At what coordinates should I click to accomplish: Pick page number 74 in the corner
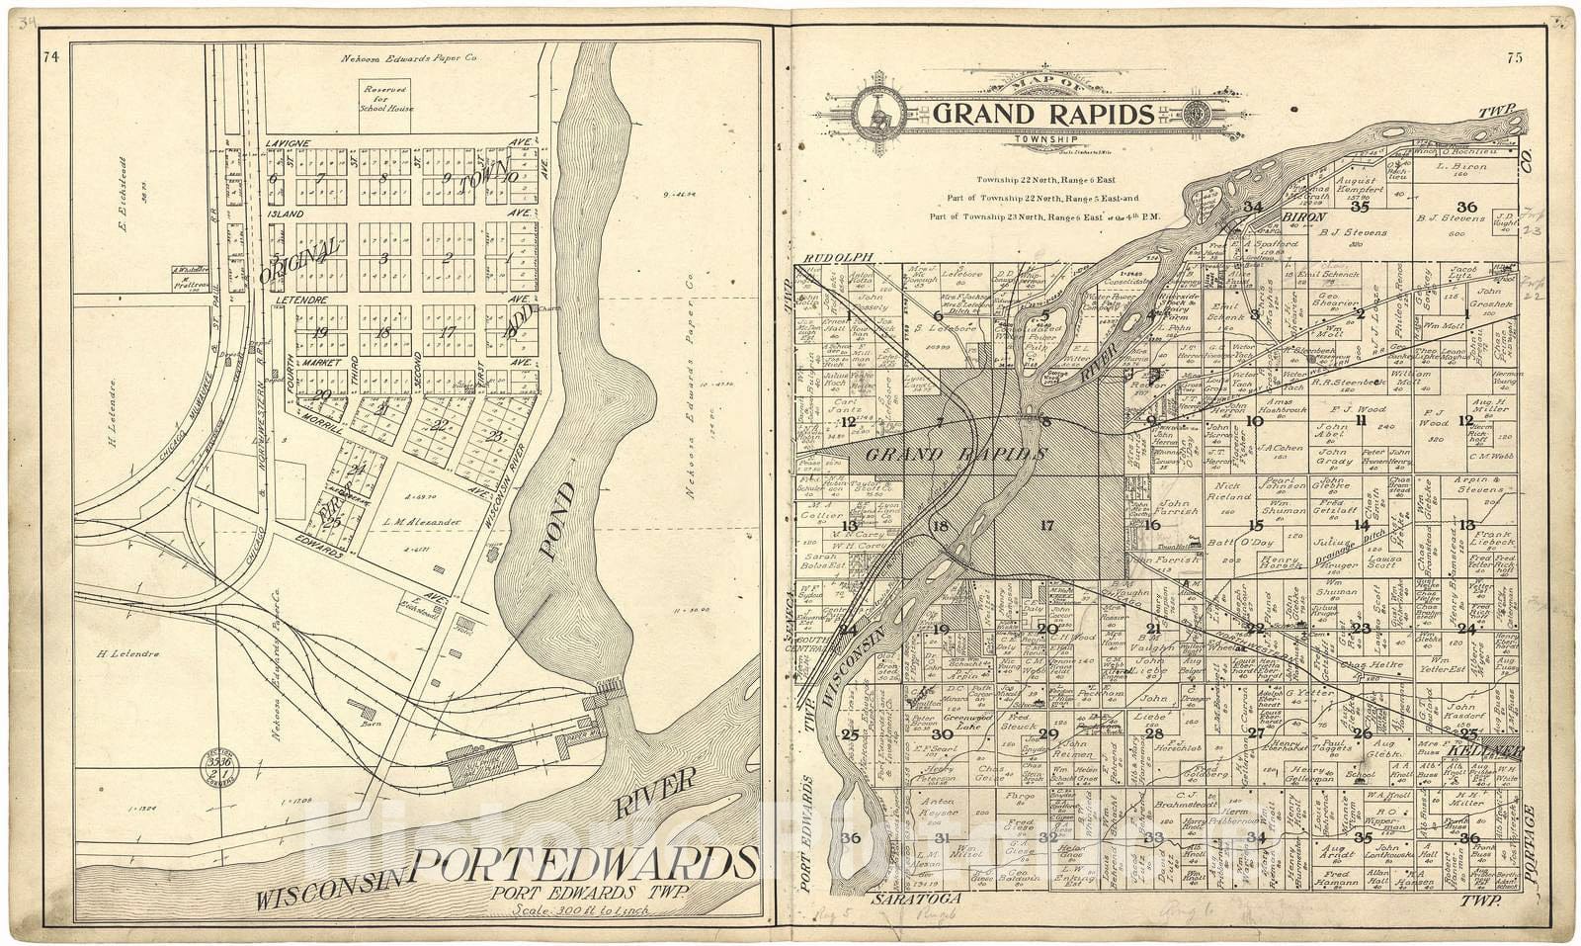51,57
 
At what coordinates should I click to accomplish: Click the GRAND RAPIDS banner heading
1042,115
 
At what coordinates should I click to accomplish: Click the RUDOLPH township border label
828,258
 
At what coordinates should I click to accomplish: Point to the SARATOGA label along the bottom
905,902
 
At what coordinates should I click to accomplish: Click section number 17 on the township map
1047,525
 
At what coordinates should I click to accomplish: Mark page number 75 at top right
1515,57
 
